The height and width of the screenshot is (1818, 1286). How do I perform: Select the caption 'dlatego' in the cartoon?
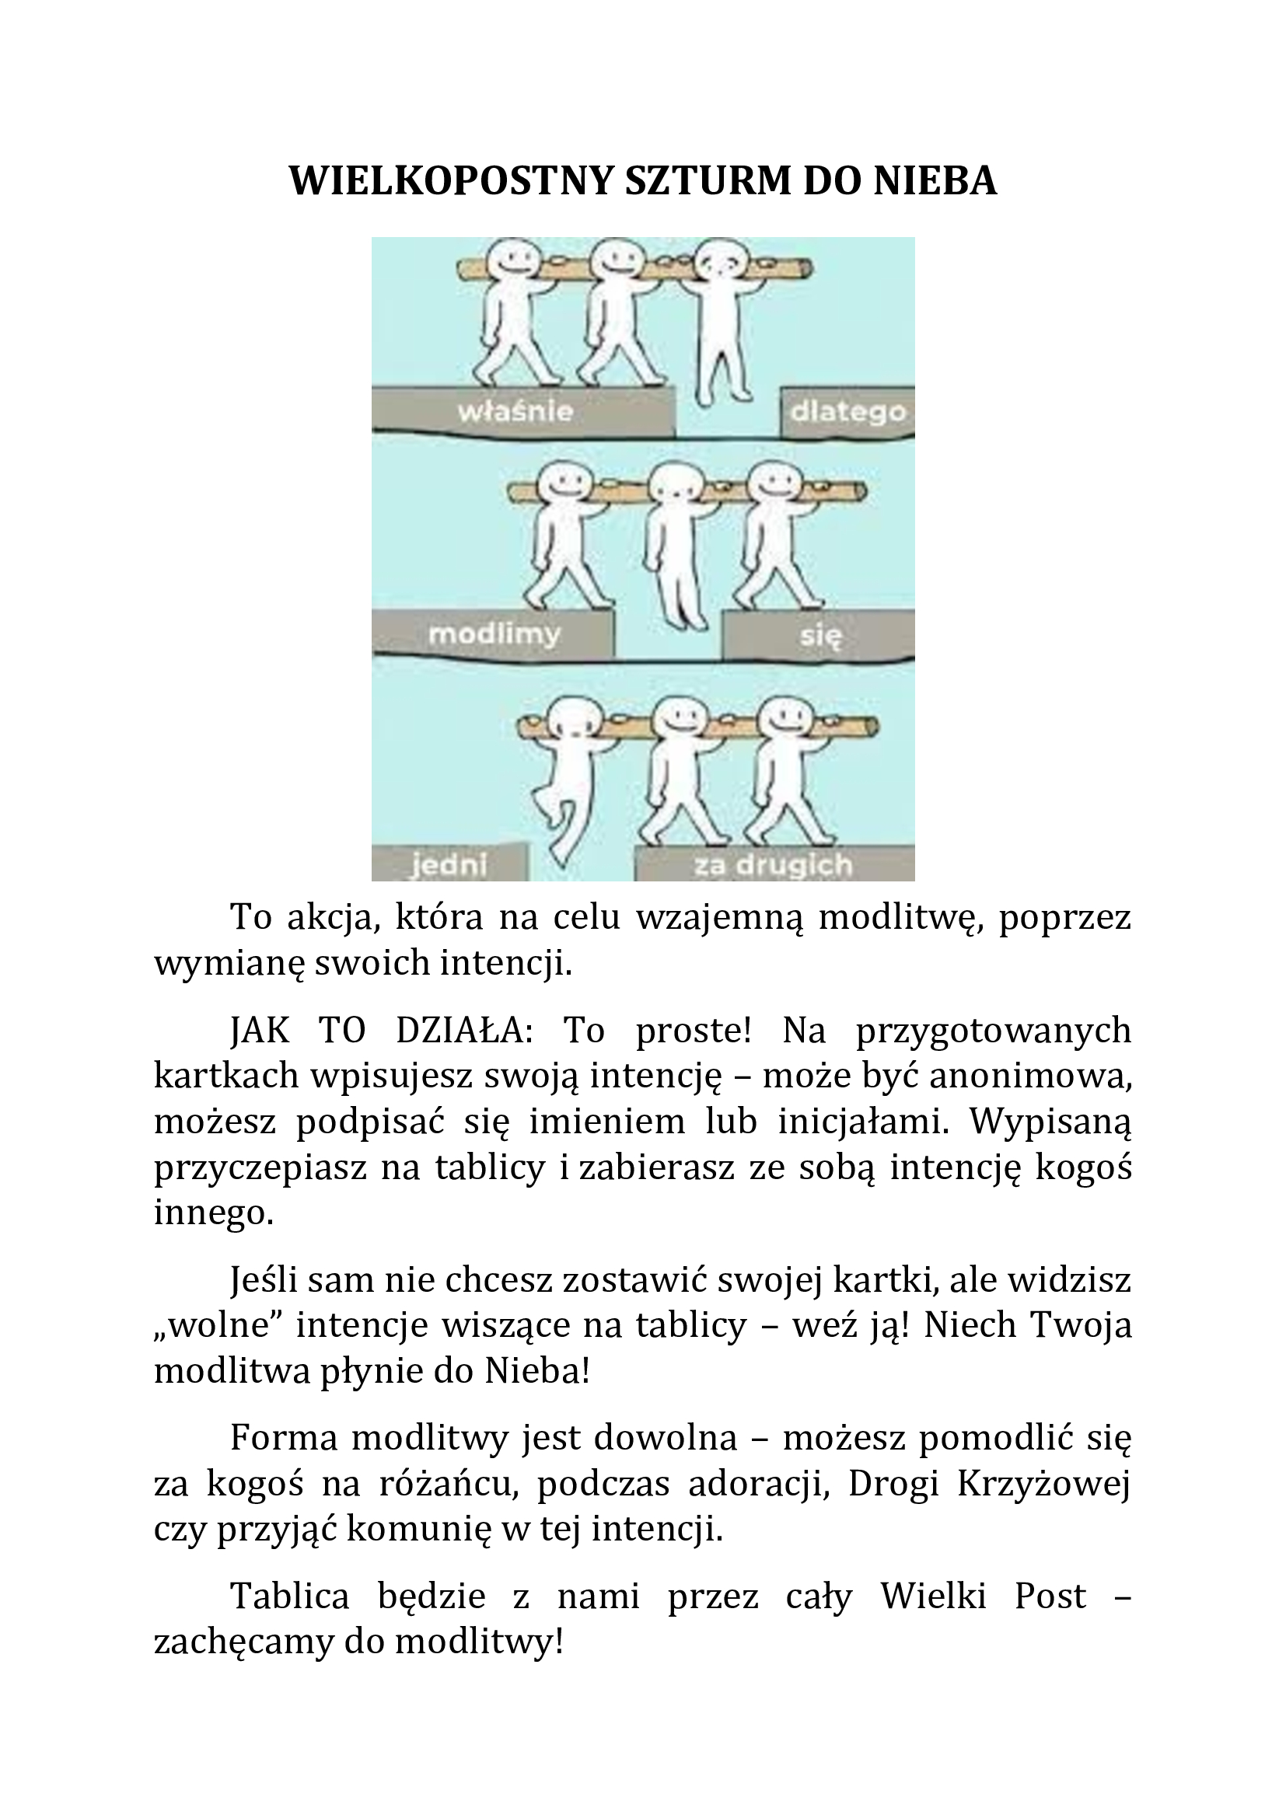click(x=848, y=413)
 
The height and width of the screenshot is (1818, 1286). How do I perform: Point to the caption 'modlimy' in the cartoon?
click(x=494, y=634)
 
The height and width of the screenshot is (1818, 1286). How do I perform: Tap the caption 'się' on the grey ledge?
click(x=819, y=635)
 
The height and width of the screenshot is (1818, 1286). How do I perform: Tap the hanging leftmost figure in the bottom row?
click(x=568, y=780)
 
